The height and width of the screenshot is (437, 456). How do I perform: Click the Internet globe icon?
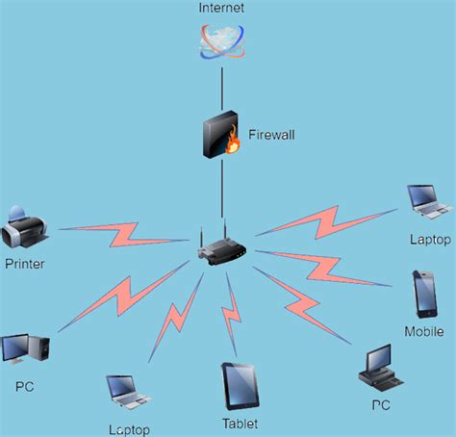click(222, 41)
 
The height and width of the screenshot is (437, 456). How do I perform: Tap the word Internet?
click(222, 9)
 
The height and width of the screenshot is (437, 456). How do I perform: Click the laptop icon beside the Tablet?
click(127, 391)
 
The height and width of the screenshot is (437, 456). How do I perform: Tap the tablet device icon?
click(238, 386)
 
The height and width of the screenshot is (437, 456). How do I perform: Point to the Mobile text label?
click(424, 331)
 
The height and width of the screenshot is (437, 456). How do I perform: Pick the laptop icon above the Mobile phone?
click(427, 199)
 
